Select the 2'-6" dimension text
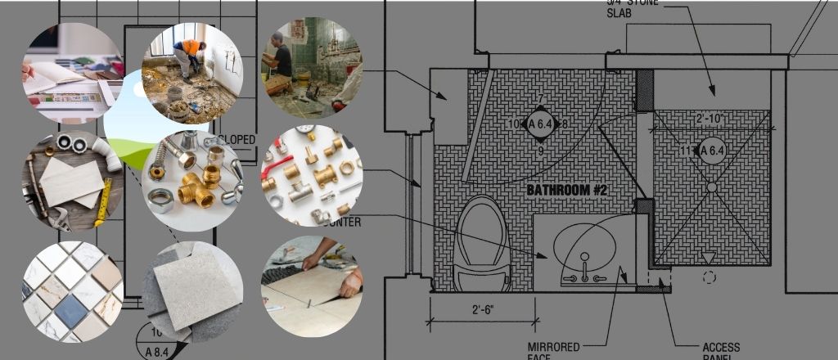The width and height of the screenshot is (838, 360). tap(482, 312)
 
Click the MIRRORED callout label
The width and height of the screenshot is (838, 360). tap(553, 347)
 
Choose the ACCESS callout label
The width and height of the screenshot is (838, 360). tap(721, 347)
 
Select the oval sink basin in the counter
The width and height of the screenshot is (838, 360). tap(584, 243)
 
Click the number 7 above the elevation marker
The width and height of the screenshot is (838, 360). tap(540, 100)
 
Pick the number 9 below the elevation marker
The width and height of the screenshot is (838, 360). tap(540, 151)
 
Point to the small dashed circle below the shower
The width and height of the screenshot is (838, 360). tap(709, 277)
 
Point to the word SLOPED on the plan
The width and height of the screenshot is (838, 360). tap(237, 140)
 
